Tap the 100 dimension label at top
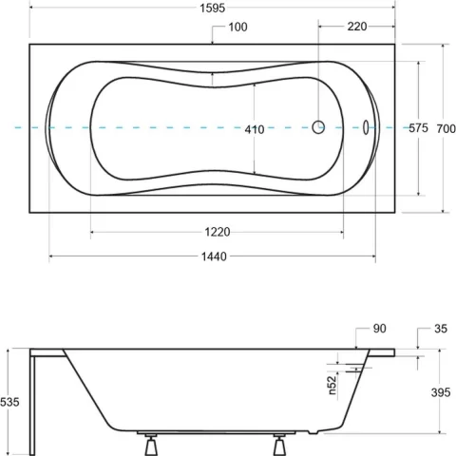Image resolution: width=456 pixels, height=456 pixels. [x=237, y=27]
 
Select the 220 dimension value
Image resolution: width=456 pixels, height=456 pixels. [x=357, y=27]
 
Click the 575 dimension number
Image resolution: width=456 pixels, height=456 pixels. [x=418, y=127]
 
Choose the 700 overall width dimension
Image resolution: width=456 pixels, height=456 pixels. [x=446, y=127]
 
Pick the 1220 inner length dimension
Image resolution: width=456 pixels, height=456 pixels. [x=217, y=231]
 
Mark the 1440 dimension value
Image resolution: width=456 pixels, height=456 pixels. [x=213, y=256]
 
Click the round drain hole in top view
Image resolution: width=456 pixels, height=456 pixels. [x=319, y=126]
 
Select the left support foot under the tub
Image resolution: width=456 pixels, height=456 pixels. [x=151, y=444]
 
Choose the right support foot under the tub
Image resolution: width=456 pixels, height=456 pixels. [x=280, y=444]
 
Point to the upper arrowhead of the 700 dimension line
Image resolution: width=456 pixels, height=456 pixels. [x=446, y=46]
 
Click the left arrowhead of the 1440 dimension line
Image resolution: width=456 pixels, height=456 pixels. [x=51, y=256]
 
